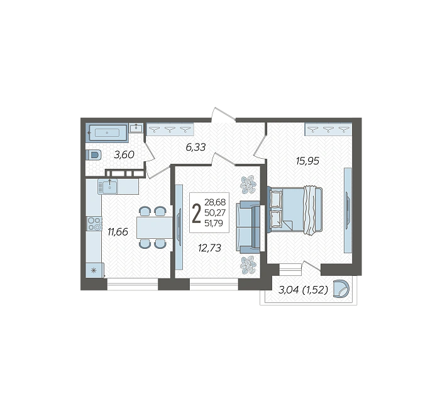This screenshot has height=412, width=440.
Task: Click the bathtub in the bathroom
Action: [x=107, y=132]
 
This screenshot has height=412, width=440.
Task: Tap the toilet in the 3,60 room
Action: [x=94, y=155]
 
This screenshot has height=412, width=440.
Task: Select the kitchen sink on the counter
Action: [x=107, y=186]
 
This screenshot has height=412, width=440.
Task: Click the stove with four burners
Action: [x=94, y=224]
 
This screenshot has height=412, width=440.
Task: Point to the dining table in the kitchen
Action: [x=155, y=227]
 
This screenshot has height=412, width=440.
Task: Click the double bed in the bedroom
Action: [x=294, y=210]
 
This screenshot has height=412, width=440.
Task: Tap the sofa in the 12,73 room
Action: [x=248, y=226]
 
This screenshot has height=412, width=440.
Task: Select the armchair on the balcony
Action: [x=341, y=289]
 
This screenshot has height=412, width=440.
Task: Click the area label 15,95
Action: [x=307, y=161]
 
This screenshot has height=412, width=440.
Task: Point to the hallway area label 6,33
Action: [x=196, y=147]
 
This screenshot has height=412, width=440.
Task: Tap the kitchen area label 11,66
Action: [x=118, y=232]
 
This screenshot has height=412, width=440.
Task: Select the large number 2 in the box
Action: [x=196, y=213]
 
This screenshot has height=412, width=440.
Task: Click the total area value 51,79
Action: [x=214, y=223]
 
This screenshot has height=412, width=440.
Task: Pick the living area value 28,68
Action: [x=215, y=202]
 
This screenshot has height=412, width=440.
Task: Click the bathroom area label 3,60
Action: [x=124, y=154]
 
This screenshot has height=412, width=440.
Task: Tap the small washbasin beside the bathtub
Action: [x=136, y=128]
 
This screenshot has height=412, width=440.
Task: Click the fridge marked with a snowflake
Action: [x=94, y=270]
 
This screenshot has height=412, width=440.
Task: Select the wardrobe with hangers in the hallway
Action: [x=170, y=130]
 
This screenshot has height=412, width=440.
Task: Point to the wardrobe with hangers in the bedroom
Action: [x=328, y=130]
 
